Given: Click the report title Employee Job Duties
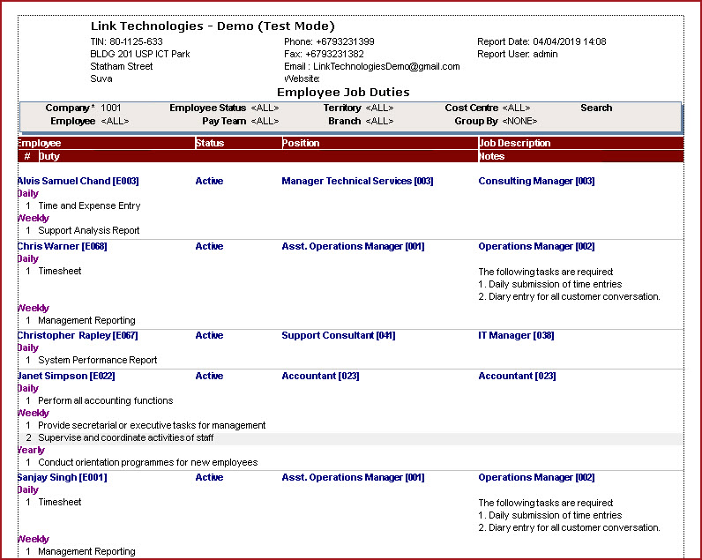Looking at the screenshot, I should click(x=343, y=92).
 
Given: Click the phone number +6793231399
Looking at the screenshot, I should click(x=340, y=41).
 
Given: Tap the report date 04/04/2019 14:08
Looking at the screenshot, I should click(x=569, y=41).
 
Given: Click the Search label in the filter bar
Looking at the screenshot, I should click(x=596, y=108).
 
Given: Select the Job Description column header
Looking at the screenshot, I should click(x=514, y=143).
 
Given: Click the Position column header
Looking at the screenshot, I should click(x=301, y=143).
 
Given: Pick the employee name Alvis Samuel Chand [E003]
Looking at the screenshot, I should click(x=78, y=181).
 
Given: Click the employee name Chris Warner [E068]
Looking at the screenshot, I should click(x=62, y=246).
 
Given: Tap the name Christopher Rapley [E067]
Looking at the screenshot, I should click(x=78, y=335).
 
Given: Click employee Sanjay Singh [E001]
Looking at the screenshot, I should click(x=62, y=477).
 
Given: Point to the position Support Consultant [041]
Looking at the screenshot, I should click(x=339, y=335).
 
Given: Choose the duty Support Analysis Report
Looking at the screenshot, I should click(x=88, y=230).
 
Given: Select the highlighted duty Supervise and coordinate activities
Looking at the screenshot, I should click(x=125, y=437).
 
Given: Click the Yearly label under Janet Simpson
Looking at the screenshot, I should click(x=30, y=450).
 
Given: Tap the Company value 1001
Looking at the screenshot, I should click(x=111, y=108).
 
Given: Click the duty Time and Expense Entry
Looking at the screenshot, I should click(x=89, y=205).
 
